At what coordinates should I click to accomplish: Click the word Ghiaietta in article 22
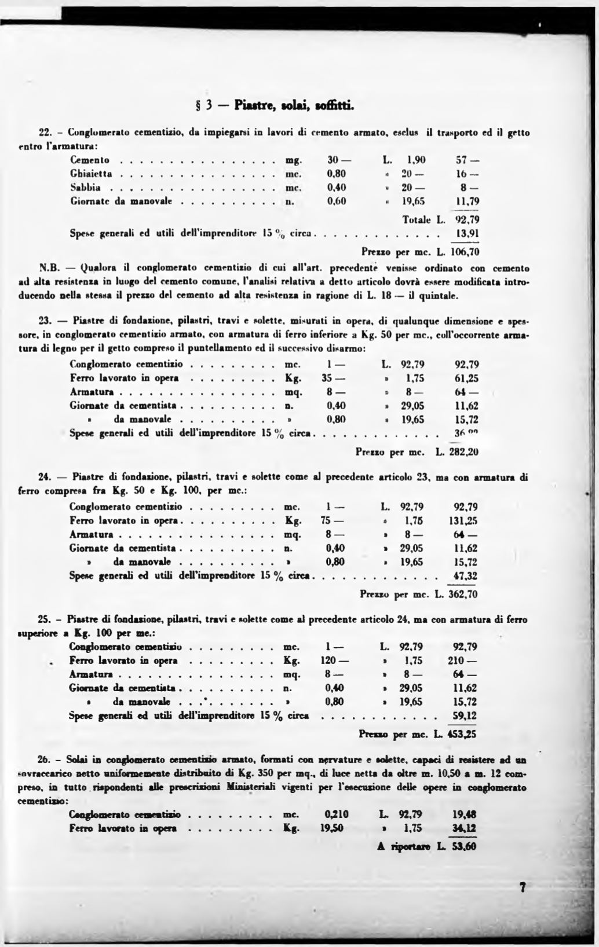click(91, 173)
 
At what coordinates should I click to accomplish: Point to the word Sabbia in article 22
click(85, 188)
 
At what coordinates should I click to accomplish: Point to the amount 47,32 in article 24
click(465, 576)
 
